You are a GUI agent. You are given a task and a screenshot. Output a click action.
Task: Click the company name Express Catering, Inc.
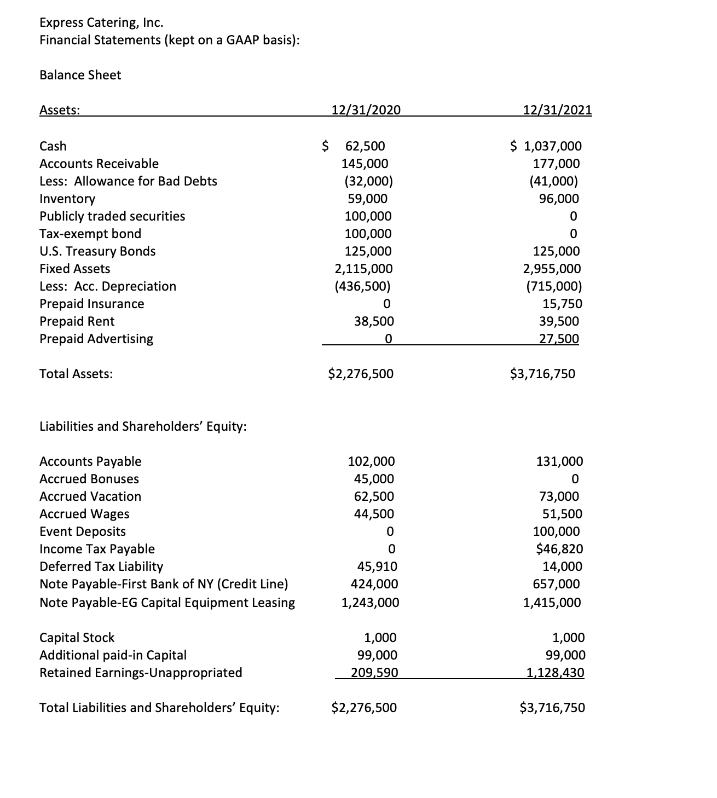101,22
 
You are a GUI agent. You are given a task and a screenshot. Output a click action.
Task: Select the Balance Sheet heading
80,75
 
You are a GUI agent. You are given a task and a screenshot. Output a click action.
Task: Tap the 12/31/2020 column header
366,109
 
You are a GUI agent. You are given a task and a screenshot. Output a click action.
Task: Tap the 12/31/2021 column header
557,109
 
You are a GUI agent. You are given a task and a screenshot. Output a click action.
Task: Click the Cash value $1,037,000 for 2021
546,146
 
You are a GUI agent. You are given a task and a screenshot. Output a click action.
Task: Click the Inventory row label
67,199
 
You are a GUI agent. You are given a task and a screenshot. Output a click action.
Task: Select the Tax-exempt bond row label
90,234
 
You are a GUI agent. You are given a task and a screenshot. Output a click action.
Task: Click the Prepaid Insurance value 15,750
561,304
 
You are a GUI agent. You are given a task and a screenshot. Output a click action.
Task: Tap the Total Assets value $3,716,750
542,374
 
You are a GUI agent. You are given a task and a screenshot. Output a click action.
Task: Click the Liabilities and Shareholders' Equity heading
143,426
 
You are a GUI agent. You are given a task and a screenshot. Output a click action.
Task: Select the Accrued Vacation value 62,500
374,496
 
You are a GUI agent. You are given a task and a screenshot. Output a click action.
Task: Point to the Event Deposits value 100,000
556,531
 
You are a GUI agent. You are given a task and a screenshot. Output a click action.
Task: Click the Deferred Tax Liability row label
101,566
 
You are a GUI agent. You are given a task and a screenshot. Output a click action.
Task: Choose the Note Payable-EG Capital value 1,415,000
552,603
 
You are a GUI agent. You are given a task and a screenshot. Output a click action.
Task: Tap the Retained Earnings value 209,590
374,673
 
